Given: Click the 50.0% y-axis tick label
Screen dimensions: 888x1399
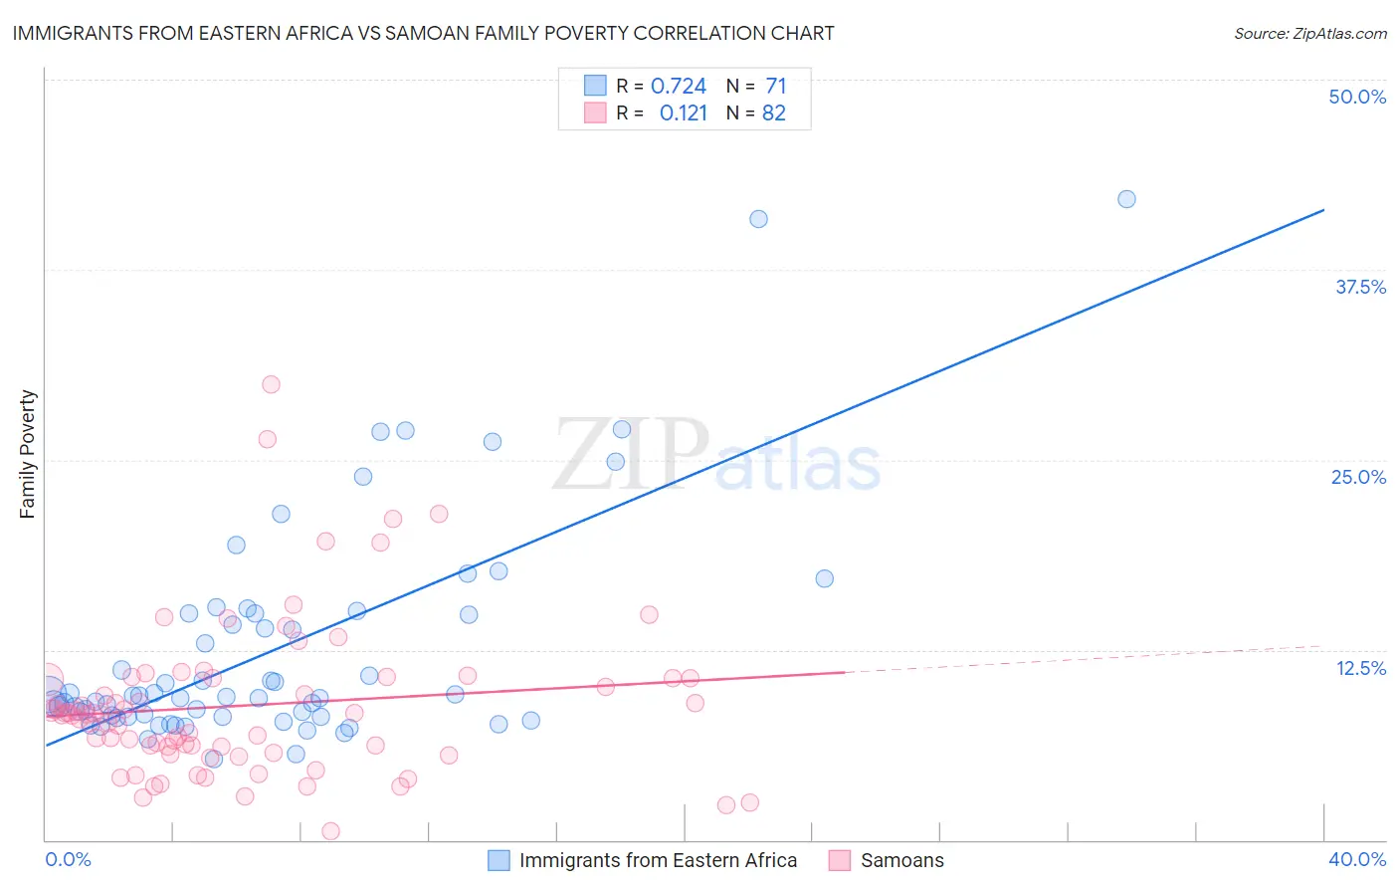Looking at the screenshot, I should [x=1356, y=97].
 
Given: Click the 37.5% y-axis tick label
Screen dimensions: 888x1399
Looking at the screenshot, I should [x=1359, y=287].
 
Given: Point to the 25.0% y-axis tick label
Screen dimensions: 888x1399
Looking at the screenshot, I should [x=1357, y=477].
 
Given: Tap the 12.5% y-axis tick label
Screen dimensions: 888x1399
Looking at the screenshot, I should [x=1359, y=668].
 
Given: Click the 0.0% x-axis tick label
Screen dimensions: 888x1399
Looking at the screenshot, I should [x=68, y=859].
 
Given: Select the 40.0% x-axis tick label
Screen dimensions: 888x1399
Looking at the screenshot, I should [x=1356, y=859].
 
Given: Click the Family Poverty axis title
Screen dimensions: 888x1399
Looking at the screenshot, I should [x=28, y=454].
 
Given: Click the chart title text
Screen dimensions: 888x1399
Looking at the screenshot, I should [x=423, y=33].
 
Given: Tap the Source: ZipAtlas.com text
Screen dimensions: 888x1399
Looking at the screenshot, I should [x=1309, y=33].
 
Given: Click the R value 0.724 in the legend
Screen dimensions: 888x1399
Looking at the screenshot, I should [x=678, y=87].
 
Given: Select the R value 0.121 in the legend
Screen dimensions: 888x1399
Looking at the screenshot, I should [x=683, y=113].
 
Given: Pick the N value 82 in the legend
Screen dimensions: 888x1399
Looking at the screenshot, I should [x=773, y=113].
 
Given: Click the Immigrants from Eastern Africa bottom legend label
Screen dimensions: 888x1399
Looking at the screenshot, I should [x=658, y=860].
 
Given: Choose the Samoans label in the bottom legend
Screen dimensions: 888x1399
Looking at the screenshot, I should [x=901, y=860].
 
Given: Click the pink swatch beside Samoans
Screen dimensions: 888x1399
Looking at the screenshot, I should [x=840, y=860].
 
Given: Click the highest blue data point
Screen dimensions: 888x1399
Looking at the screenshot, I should [x=1126, y=199].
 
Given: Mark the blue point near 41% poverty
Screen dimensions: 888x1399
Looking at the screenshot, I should [x=758, y=219].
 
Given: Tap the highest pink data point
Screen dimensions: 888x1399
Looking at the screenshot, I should [x=271, y=384].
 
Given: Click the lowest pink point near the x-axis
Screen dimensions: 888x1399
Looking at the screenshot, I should [x=330, y=831].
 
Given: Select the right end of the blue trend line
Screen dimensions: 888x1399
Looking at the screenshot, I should [x=1323, y=210].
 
